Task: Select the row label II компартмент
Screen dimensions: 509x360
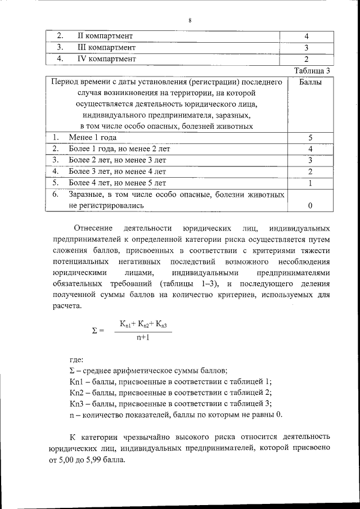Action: coord(105,37)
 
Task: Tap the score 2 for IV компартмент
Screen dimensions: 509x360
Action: coord(307,59)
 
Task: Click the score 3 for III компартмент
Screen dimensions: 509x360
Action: coord(307,48)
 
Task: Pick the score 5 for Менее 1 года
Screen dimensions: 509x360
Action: coord(310,138)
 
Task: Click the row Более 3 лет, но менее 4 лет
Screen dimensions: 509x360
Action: coord(118,172)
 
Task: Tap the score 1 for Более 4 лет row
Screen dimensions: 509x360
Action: coord(310,183)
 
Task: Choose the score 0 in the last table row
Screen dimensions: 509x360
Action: coord(310,206)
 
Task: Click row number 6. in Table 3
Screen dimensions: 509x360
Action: coord(56,195)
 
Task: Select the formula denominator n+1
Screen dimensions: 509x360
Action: coord(142,337)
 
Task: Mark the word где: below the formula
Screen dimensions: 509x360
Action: coord(76,359)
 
